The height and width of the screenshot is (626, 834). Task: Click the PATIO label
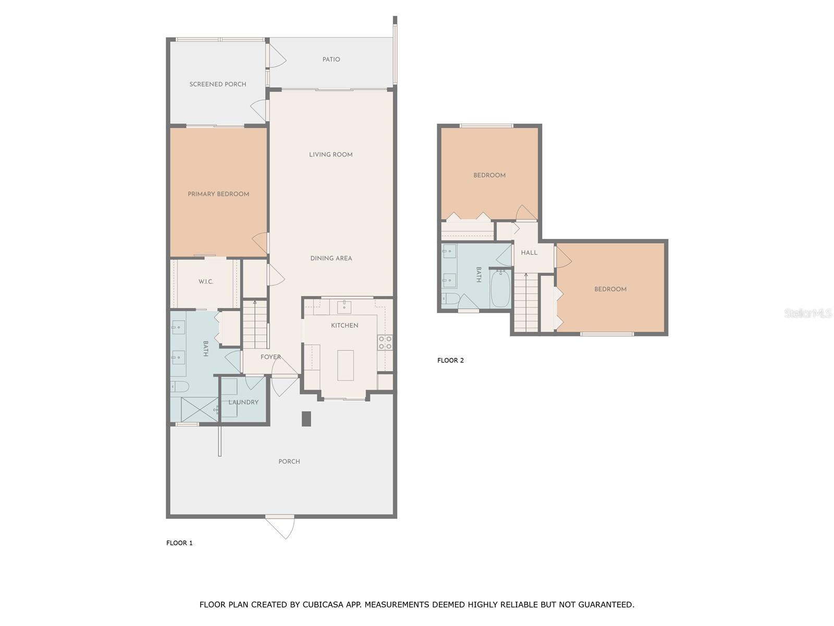tap(331, 59)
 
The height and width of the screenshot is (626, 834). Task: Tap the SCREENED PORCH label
tap(218, 84)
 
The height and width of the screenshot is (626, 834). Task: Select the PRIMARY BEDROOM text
tap(218, 194)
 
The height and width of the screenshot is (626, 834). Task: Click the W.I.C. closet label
tap(206, 282)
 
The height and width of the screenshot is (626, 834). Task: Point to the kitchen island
tap(345, 365)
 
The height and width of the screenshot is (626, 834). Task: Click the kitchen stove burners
tap(385, 343)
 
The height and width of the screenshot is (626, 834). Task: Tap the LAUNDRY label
tap(243, 402)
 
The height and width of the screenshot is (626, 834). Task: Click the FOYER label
tap(271, 357)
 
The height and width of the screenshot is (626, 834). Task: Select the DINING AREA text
tap(331, 258)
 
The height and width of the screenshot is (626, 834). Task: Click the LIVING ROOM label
tap(331, 154)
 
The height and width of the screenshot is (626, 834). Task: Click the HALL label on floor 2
tap(529, 252)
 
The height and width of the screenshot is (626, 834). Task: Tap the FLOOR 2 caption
tap(450, 360)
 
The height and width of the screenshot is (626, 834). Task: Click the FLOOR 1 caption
tap(179, 543)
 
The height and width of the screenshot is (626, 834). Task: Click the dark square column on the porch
tap(306, 419)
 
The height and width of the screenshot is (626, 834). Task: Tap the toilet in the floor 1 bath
tap(179, 387)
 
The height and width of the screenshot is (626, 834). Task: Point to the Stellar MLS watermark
tap(808, 314)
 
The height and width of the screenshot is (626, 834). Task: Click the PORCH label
tap(289, 462)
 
